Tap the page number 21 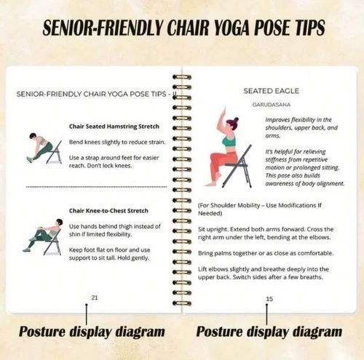click(x=95, y=297)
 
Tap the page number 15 click(x=269, y=299)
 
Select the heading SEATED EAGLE click(x=272, y=91)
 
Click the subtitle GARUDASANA click(x=272, y=105)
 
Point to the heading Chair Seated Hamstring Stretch click(x=114, y=127)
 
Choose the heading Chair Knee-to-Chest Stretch click(x=108, y=211)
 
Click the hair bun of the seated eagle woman click(x=236, y=120)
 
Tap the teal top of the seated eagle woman click(x=229, y=140)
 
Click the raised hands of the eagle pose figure click(x=224, y=112)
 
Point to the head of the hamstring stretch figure click(x=33, y=136)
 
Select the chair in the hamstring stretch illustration click(x=55, y=152)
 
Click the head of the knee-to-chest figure click(x=59, y=222)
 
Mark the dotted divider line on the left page click(x=96, y=187)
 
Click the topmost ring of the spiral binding click(x=182, y=78)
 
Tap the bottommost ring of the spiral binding click(x=182, y=303)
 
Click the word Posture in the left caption click(x=42, y=332)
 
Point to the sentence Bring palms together click(x=266, y=253)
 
